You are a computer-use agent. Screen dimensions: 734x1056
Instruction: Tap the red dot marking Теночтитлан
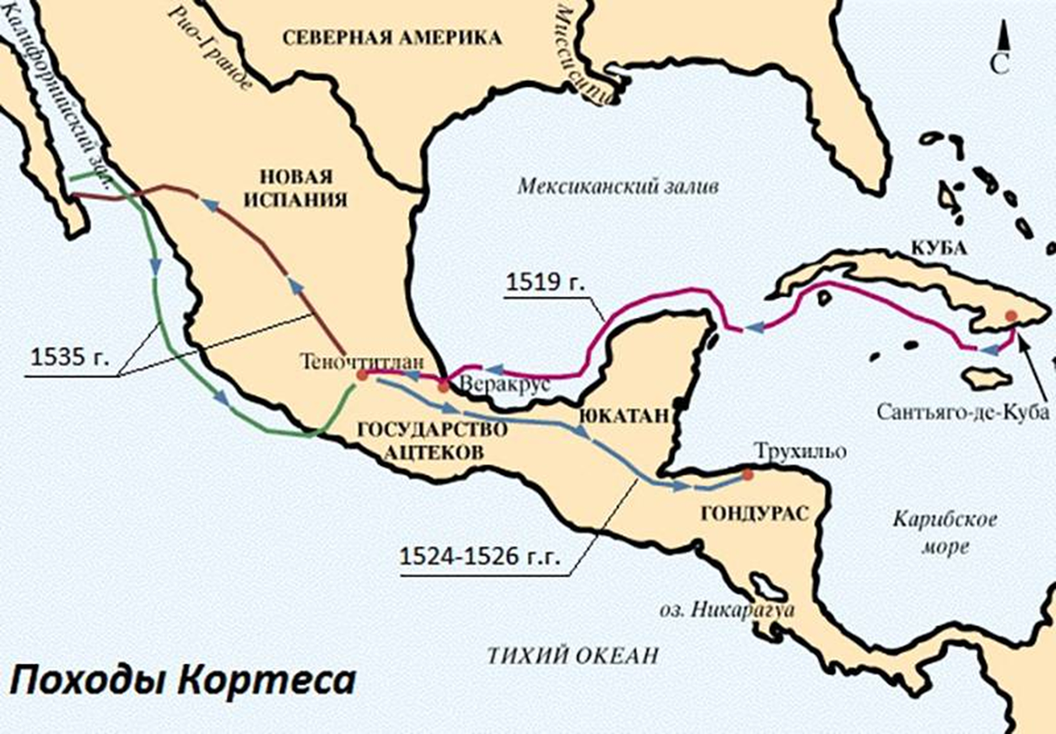tap(362, 376)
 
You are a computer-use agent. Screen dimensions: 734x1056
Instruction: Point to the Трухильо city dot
tap(747, 475)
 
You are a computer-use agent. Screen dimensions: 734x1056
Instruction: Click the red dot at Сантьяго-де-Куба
tap(1011, 315)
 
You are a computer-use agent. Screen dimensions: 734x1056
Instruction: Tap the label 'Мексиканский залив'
tap(618, 187)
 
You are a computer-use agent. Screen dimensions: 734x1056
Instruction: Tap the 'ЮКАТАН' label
tap(621, 415)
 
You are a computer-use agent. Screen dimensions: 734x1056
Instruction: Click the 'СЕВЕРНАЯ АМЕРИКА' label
tap(392, 37)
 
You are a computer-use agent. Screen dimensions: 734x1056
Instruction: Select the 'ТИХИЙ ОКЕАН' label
tap(573, 654)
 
